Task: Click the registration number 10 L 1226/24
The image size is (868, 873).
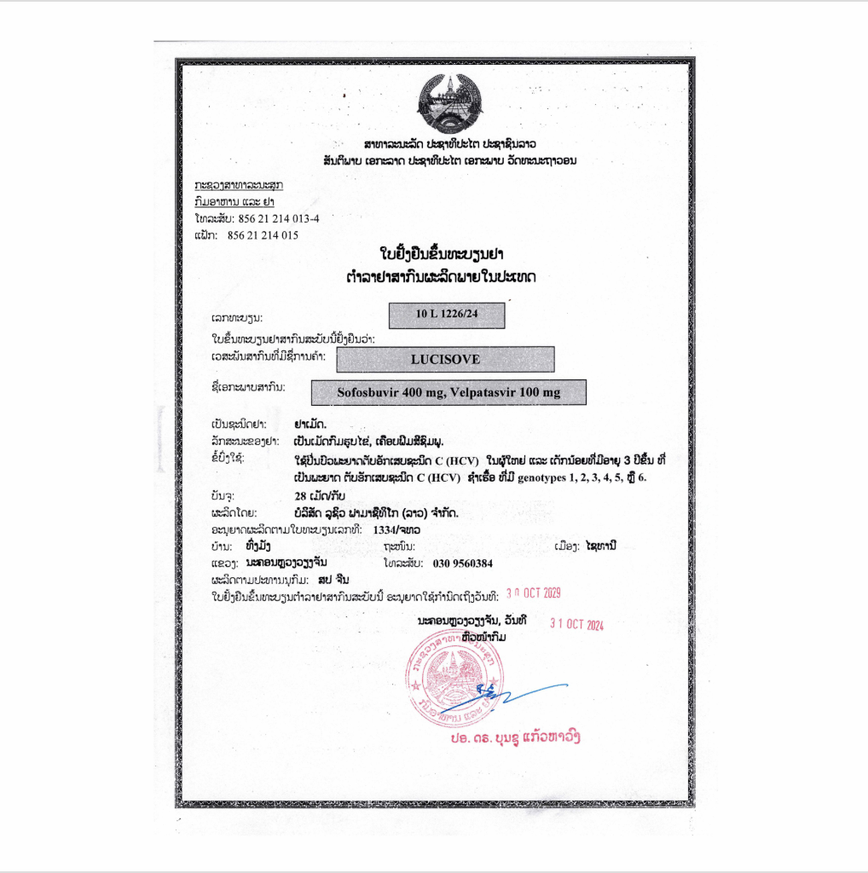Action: click(x=447, y=315)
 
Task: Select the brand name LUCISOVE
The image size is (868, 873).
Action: click(x=445, y=359)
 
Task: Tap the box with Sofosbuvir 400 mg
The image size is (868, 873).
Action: click(x=447, y=391)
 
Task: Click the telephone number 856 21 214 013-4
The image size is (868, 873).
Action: click(x=277, y=217)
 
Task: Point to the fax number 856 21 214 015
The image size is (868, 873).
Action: click(x=263, y=234)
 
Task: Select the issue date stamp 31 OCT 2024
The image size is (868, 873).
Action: click(x=577, y=624)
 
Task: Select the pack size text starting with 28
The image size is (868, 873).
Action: click(x=319, y=495)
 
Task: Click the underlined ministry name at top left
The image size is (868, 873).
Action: click(x=239, y=184)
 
